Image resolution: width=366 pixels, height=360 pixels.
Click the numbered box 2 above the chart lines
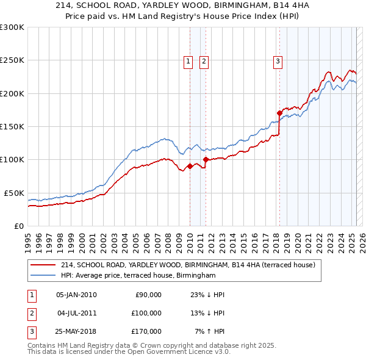[203, 60]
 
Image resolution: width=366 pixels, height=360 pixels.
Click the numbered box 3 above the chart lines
[278, 60]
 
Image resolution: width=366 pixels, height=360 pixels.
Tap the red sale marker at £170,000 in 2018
[279, 113]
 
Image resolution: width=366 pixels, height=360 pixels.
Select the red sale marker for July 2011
[206, 159]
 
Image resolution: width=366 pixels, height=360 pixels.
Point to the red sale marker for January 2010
[190, 166]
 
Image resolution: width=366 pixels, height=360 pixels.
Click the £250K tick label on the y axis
[12, 60]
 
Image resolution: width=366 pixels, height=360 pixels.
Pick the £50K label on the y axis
[14, 193]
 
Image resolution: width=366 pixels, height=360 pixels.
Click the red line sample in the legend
[41, 265]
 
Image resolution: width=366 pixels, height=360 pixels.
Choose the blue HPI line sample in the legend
[41, 276]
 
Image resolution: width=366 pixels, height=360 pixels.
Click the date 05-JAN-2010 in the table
[76, 295]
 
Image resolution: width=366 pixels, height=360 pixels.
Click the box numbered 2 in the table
[30, 313]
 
